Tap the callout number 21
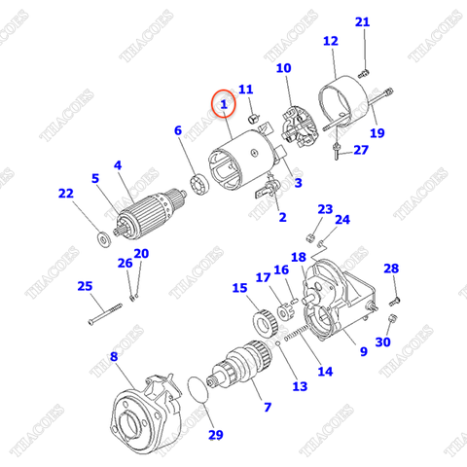(x=363, y=22)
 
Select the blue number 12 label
(x=330, y=41)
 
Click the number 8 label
(x=114, y=358)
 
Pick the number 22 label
(x=65, y=194)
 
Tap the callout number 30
(x=382, y=342)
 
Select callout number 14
(x=324, y=371)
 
